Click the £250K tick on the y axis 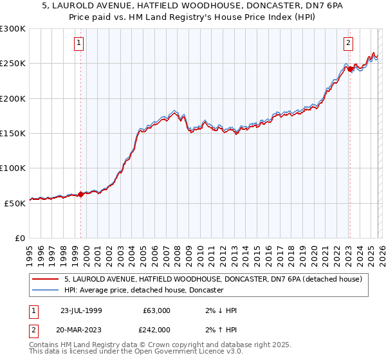point(13,64)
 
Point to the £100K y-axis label point(13,168)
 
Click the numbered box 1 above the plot point(78,43)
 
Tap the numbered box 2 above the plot point(348,43)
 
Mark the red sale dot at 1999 point(80,194)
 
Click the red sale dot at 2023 point(349,69)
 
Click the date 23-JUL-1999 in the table point(82,310)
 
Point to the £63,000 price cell point(156,310)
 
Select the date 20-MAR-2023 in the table point(82,329)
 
